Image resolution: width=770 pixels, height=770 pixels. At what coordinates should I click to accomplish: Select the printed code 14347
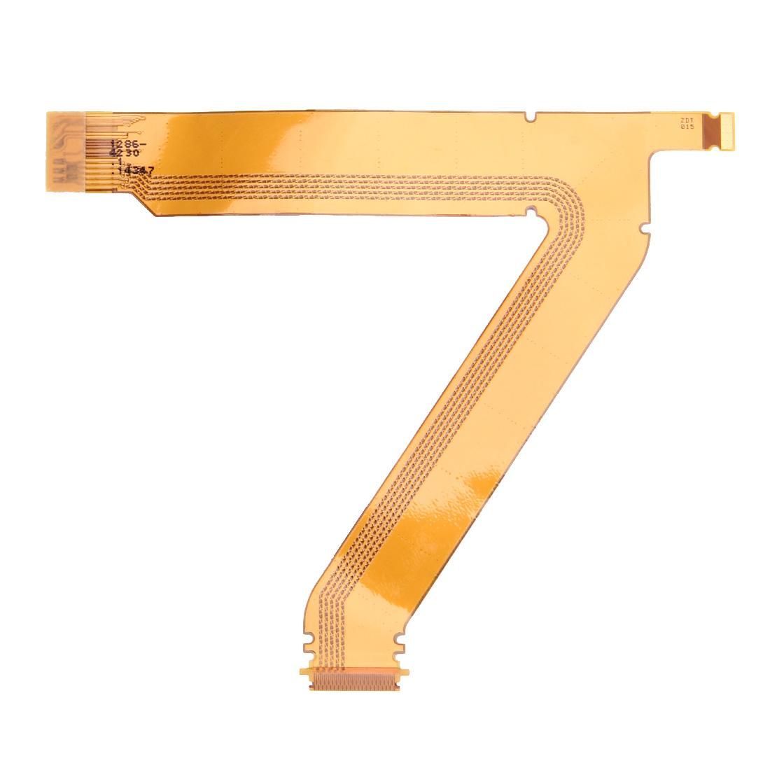coord(136,170)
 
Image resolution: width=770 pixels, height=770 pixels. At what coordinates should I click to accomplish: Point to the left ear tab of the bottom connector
coord(305,673)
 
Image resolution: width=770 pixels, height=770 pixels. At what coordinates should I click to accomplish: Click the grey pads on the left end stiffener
coord(66,150)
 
